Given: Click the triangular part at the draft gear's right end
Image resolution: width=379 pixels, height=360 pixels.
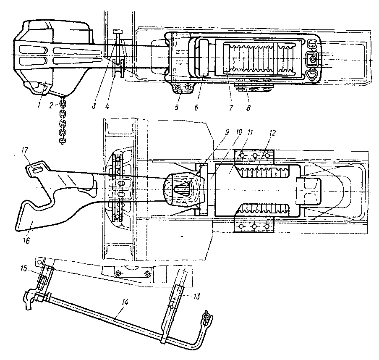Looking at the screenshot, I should [x=312, y=75].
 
